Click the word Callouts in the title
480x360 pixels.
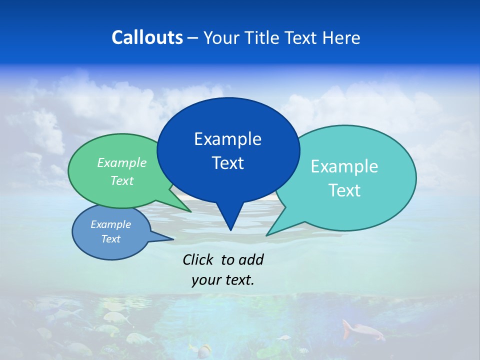click(147, 37)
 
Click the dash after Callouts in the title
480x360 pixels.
click(193, 38)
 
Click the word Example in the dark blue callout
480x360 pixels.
click(227, 139)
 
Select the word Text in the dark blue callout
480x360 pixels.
click(227, 163)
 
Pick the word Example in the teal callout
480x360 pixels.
click(344, 166)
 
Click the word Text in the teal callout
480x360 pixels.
click(344, 190)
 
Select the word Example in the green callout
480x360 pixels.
click(122, 163)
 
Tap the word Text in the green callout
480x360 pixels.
click(122, 180)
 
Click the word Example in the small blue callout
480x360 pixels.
click(110, 224)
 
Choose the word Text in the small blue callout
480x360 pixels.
click(110, 239)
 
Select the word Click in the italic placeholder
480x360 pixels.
click(198, 259)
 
